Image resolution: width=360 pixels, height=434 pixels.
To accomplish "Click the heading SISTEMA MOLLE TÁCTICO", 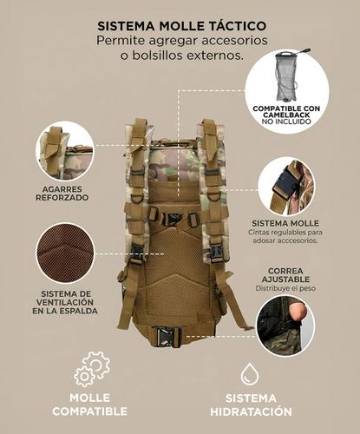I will point(180,27).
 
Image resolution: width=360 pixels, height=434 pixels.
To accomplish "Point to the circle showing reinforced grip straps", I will point(65,150).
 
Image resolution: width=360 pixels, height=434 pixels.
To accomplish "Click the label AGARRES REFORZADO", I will point(65,192).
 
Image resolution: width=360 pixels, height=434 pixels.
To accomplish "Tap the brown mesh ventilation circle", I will point(65,253).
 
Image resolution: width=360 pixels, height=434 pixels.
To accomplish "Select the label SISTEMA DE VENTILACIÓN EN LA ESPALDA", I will point(65,301).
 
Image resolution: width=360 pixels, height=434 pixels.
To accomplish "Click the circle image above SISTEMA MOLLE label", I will point(285,186).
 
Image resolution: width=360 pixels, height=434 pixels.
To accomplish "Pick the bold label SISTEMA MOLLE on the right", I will point(286,223).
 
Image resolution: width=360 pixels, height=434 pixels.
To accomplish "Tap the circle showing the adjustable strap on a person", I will point(285,325).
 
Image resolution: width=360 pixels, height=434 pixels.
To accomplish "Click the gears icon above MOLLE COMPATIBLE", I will point(91,368).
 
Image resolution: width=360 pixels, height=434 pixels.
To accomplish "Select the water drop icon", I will point(250,373).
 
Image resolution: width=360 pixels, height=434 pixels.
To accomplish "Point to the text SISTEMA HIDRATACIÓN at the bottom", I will point(250,404).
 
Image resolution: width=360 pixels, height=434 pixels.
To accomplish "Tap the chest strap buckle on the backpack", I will point(173,217).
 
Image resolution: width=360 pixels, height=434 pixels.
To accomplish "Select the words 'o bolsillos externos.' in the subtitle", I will point(180,56).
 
